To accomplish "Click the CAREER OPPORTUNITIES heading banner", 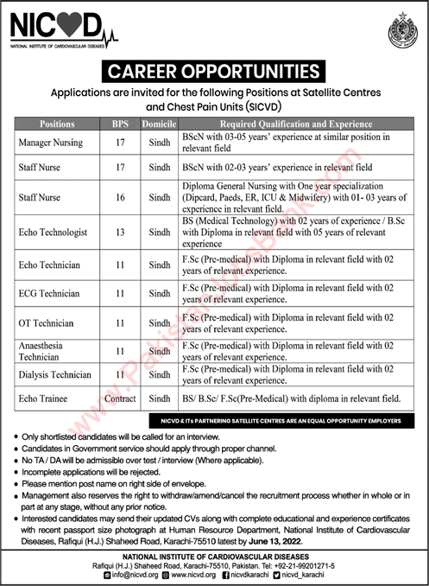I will [213, 72].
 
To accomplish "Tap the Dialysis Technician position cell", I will [55, 375].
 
